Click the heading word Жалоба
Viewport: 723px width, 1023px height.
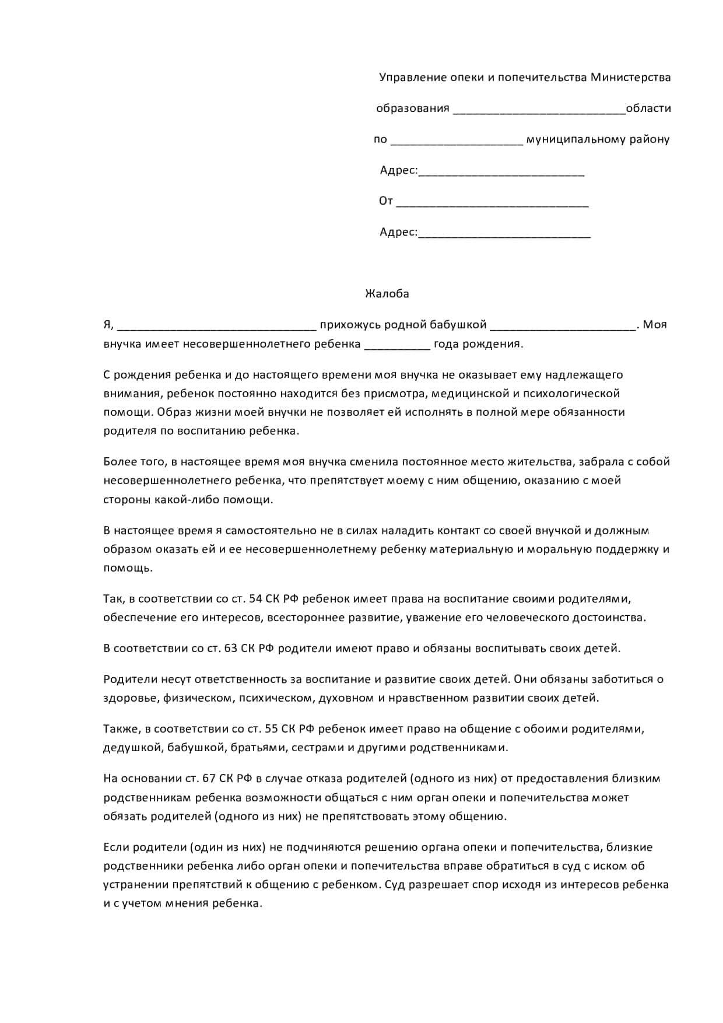387,294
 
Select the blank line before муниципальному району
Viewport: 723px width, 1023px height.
457,141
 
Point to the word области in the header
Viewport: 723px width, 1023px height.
648,108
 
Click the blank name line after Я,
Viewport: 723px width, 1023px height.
216,326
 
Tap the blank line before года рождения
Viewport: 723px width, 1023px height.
397,345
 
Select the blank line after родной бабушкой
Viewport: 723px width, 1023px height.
563,326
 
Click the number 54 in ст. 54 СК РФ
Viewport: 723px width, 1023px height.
255,599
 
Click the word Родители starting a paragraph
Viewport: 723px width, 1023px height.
130,679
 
